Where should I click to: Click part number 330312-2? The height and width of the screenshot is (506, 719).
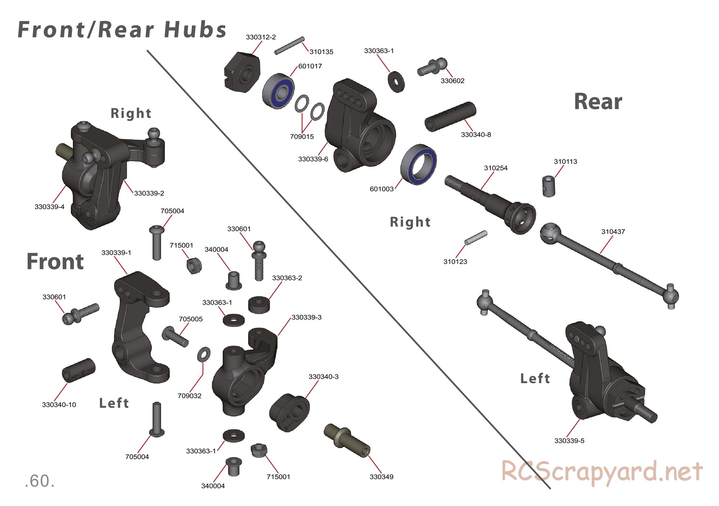point(261,37)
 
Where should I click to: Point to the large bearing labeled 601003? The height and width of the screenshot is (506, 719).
point(419,163)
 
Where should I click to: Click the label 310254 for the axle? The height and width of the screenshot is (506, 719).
point(495,168)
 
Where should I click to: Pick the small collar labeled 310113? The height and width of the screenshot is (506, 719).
point(549,186)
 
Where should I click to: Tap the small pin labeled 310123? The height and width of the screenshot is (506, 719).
point(476,238)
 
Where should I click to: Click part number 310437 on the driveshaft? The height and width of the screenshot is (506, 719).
point(613,232)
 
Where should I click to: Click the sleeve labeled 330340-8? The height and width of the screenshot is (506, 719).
point(450,117)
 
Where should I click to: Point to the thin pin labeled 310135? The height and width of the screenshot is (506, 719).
point(289,46)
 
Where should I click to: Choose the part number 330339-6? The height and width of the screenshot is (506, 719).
point(313,159)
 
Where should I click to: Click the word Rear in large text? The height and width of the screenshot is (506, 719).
point(598,102)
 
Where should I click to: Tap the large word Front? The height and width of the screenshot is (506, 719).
point(55,261)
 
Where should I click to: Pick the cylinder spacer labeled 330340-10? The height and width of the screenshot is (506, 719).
point(79,370)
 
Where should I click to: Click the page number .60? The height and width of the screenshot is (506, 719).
point(40,482)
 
